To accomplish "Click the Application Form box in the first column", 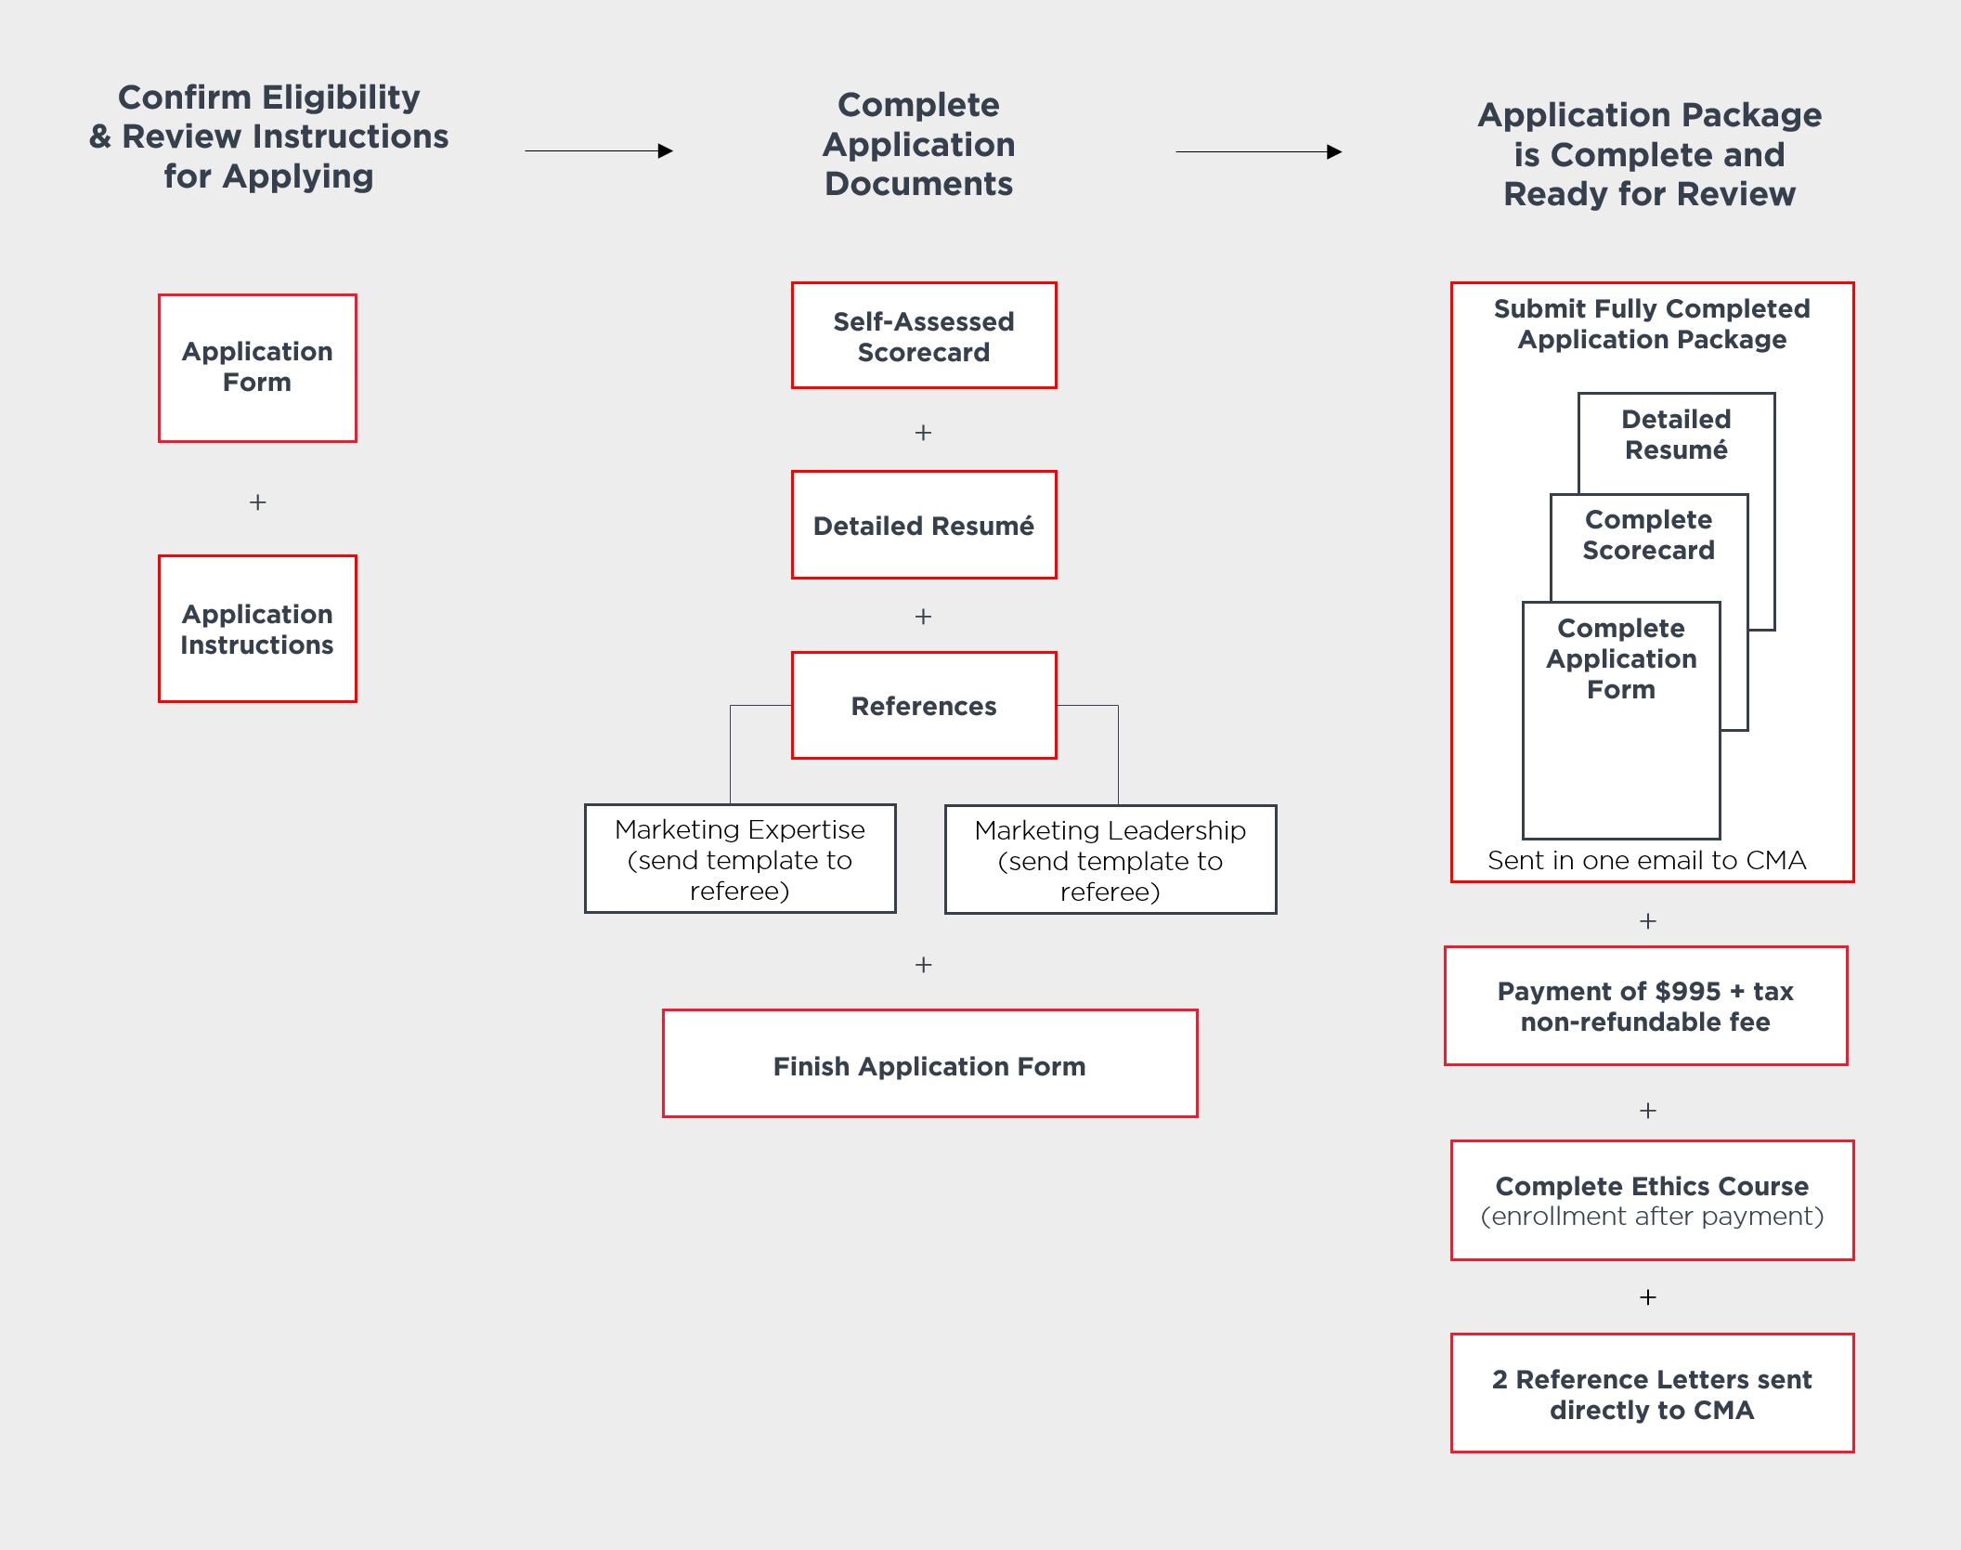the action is pos(257,368).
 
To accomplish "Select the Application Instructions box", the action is pos(257,629).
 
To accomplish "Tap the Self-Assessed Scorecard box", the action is pos(924,335).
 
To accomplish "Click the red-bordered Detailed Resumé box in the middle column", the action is pos(924,525).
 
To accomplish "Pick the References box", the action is pos(924,706).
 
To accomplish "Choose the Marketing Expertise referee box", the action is pos(740,859).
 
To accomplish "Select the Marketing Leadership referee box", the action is pos(1110,860).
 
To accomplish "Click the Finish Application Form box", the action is pos(929,1063).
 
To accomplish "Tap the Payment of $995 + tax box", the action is pos(1645,1006).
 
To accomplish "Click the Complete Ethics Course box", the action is pos(1652,1200).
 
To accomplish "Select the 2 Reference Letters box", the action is pos(1652,1393).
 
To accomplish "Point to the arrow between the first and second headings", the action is pos(599,150).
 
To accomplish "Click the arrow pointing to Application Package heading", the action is pos(1259,151).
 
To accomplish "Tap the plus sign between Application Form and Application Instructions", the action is pos(258,502).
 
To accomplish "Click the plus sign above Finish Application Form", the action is pos(923,965).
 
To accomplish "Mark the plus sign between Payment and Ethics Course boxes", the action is pos(1648,1111).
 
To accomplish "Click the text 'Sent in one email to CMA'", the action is pos(1647,860).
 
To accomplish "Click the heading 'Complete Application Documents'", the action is pos(919,144).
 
